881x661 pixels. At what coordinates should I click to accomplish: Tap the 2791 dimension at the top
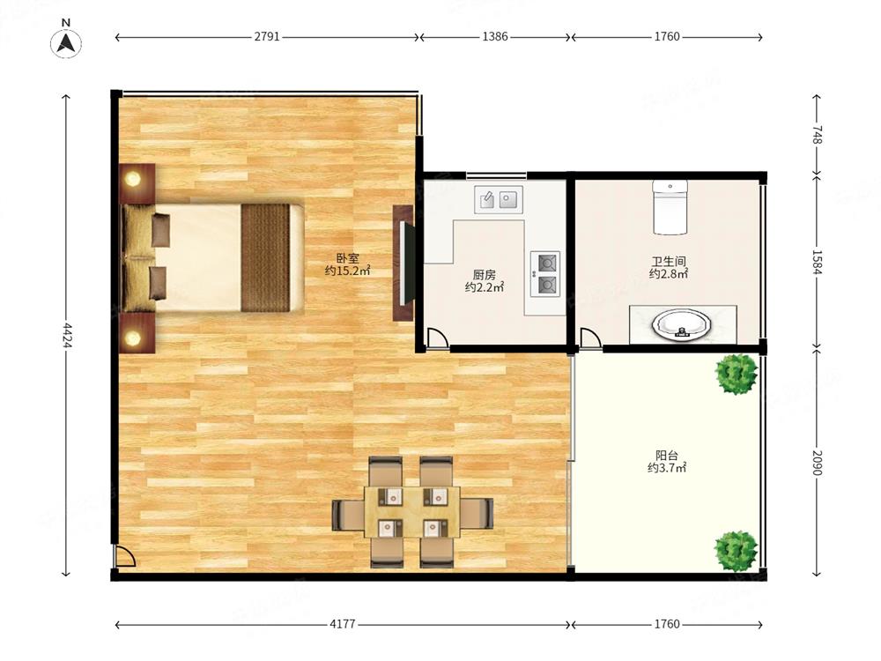coord(267,36)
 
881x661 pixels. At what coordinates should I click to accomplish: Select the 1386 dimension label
coord(495,36)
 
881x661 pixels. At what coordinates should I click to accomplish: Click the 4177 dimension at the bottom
coord(342,624)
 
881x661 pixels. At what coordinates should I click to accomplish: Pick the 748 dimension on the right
coord(817,135)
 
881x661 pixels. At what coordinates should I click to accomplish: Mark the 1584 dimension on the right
coord(817,263)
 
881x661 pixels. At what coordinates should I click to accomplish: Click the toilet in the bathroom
coord(670,207)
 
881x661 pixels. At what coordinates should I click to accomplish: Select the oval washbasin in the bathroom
coord(682,325)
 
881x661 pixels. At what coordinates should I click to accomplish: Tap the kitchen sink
coord(499,199)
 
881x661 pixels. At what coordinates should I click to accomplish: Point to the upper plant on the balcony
coord(736,374)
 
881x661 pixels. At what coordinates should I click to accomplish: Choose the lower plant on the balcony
coord(736,551)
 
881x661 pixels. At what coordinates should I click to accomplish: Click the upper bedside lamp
coord(133,179)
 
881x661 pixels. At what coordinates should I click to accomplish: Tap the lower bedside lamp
coord(133,338)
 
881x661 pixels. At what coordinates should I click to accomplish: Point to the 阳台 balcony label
coord(667,456)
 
